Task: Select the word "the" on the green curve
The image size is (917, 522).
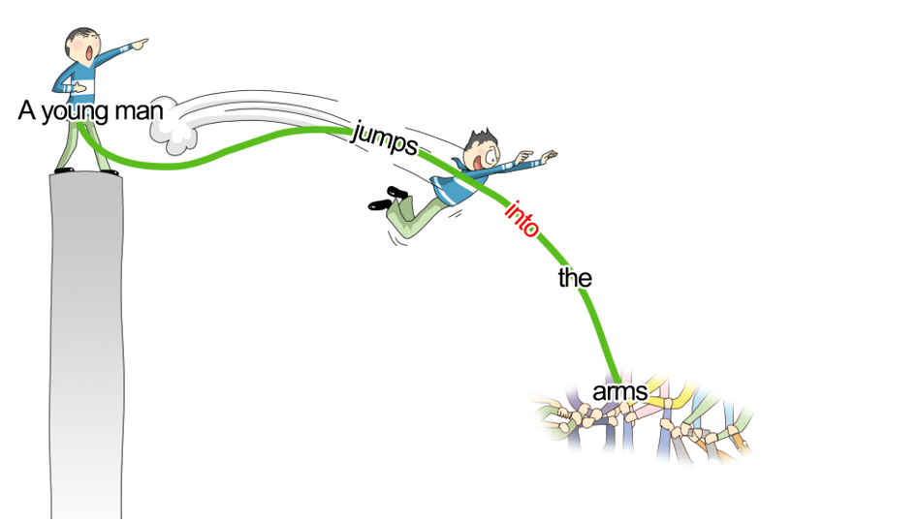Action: [x=575, y=279]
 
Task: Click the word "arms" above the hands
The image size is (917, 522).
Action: [x=618, y=393]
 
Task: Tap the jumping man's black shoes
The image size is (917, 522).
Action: [x=388, y=198]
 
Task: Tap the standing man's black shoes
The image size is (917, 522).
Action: [x=87, y=171]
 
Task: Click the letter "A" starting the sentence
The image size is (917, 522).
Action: [x=26, y=110]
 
